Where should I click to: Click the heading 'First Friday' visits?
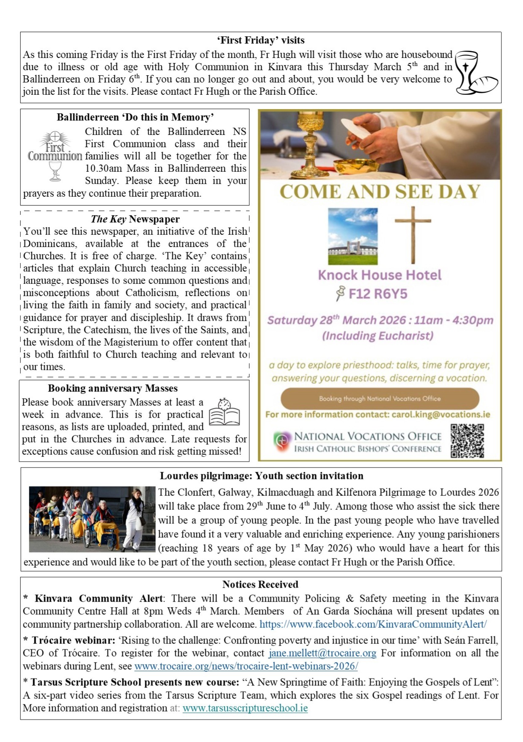[261, 41]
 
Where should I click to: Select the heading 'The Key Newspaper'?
[135, 219]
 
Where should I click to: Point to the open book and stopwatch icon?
[224, 412]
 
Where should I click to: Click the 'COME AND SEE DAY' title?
[380, 192]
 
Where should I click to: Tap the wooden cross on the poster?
[413, 235]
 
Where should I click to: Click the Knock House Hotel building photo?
[352, 236]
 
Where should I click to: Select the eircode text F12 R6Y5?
[377, 294]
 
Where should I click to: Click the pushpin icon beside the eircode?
[340, 293]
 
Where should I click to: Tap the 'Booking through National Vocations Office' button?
[380, 398]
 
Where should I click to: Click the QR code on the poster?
[467, 441]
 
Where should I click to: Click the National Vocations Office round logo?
[282, 442]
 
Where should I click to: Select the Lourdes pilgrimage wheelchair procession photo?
[92, 519]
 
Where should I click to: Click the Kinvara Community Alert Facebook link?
[373, 624]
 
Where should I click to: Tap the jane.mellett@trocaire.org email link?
[322, 653]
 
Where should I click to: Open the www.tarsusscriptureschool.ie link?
[245, 708]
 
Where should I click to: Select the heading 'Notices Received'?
[260, 585]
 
